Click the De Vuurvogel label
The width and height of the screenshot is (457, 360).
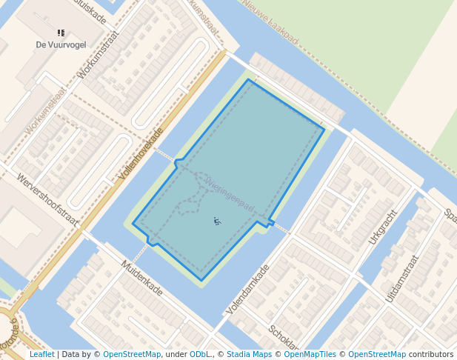coord(61,44)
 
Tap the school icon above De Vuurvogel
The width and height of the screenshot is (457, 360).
coord(61,33)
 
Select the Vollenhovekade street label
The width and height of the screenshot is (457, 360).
coord(141,154)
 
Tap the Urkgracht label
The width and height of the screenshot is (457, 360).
coord(382,226)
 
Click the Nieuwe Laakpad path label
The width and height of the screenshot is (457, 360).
coord(271,21)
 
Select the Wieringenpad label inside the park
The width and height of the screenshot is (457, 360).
coord(230,192)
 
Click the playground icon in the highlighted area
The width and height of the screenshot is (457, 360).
coord(217,220)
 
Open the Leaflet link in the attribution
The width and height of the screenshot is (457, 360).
coord(41,354)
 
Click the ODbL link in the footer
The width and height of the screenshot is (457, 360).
coord(200,354)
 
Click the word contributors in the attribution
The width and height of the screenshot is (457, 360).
coord(431,354)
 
